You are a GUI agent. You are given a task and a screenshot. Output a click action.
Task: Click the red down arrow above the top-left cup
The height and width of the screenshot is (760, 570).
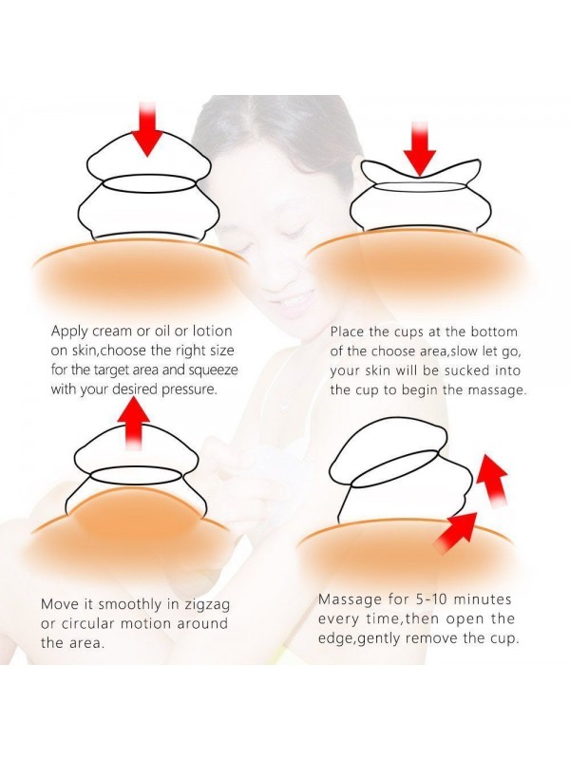pos(147,129)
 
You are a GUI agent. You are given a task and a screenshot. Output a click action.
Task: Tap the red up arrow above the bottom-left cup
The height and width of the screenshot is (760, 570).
pos(133,421)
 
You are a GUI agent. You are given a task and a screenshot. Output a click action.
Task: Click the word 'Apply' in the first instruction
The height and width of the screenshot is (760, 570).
pos(69,332)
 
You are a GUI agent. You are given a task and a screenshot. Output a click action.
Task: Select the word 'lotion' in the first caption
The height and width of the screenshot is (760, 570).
pos(212,331)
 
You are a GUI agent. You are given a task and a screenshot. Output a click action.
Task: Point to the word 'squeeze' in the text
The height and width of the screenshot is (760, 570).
pos(213,370)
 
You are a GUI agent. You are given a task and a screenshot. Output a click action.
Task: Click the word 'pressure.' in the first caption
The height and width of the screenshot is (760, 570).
pos(188,390)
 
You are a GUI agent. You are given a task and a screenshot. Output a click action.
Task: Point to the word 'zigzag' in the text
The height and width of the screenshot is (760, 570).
pos(207,605)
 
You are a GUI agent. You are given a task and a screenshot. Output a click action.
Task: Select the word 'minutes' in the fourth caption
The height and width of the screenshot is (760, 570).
pos(488,599)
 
